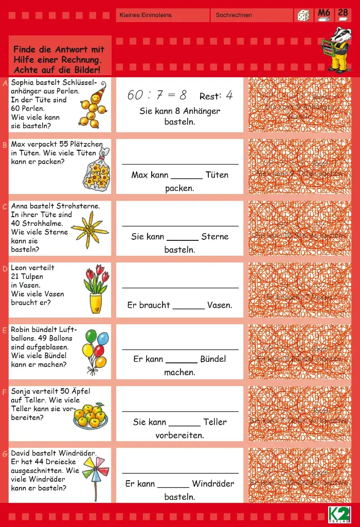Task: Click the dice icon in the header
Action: tap(303, 15)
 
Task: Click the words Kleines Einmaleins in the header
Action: tap(146, 15)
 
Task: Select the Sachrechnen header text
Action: tap(234, 15)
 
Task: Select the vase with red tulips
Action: tap(97, 289)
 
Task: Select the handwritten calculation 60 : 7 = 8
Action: tap(157, 95)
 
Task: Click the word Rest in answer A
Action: tap(210, 96)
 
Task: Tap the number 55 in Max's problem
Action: tap(64, 144)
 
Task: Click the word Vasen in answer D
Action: tap(220, 305)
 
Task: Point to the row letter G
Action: tap(5, 454)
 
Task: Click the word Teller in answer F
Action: tap(215, 422)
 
